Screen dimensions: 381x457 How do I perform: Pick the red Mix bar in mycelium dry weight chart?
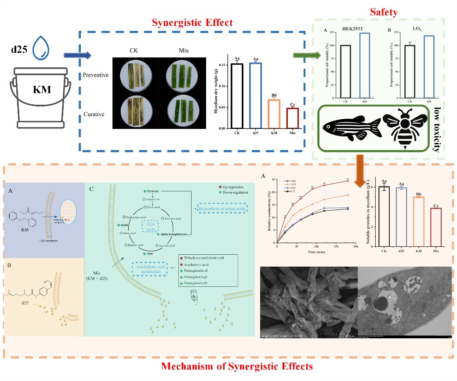[x=292, y=118]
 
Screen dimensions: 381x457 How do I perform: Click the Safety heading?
[x=383, y=12]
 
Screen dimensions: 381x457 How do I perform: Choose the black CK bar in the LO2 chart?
[x=410, y=71]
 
